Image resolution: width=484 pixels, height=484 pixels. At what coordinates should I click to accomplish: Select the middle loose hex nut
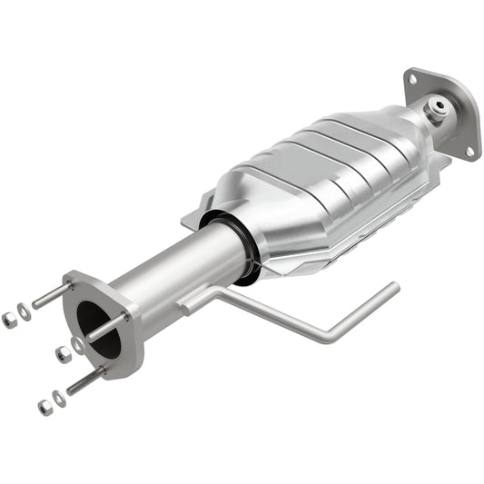tap(61, 354)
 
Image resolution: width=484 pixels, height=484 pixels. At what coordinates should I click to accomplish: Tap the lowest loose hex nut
tap(43, 406)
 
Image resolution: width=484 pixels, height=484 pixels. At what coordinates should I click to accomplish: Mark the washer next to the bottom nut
tap(59, 398)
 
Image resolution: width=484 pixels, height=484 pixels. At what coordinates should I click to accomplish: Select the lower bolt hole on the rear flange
tap(472, 153)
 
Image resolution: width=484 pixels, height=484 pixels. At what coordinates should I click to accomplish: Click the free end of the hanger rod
tap(392, 287)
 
